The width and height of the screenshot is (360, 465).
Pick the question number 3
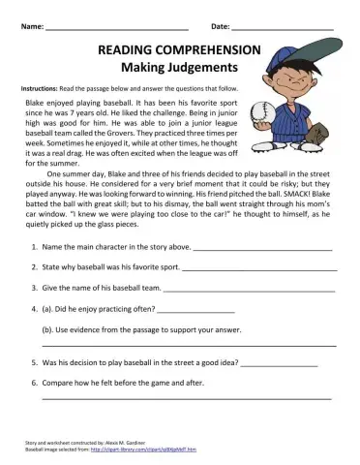pos(35,288)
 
